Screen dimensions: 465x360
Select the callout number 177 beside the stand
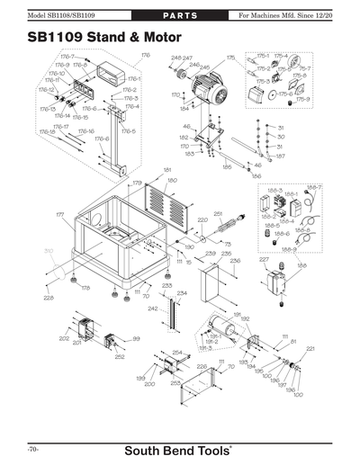59,216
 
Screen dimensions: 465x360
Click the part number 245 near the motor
204,67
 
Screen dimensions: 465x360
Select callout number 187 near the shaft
281,156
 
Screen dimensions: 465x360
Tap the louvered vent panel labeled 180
174,205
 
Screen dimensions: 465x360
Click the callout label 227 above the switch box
264,260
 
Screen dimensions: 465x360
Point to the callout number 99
136,339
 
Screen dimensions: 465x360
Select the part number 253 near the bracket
175,383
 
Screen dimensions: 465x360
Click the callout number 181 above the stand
166,170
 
